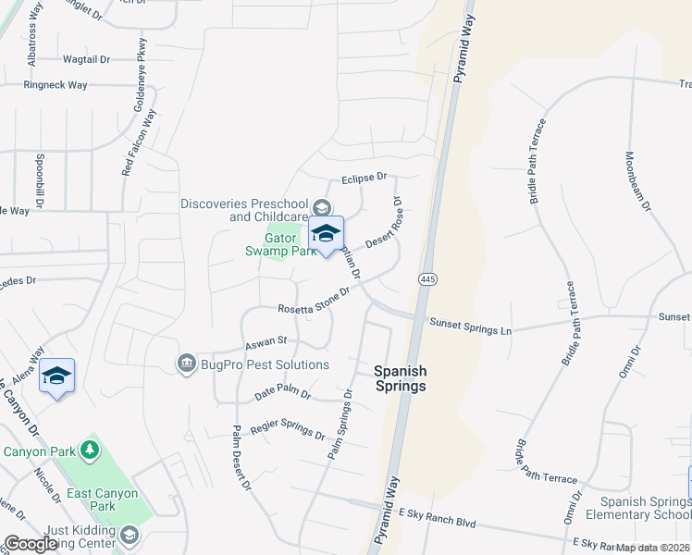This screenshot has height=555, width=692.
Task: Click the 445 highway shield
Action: pyautogui.click(x=426, y=278)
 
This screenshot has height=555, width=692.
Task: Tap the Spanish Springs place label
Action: pyautogui.click(x=400, y=378)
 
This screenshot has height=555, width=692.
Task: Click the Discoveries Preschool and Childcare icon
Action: pyautogui.click(x=322, y=207)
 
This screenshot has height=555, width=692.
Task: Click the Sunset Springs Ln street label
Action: pyautogui.click(x=470, y=324)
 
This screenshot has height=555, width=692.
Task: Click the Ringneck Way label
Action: pyautogui.click(x=56, y=85)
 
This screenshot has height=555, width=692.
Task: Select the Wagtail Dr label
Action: pyautogui.click(x=86, y=59)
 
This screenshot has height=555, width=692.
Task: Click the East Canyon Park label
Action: pyautogui.click(x=103, y=499)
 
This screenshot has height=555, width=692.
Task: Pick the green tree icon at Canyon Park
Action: pyautogui.click(x=90, y=450)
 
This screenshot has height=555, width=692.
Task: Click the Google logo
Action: pyautogui.click(x=31, y=544)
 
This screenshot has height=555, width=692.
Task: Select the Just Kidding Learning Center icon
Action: pyautogui.click(x=130, y=534)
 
